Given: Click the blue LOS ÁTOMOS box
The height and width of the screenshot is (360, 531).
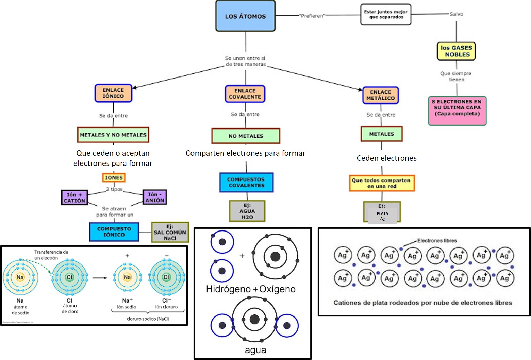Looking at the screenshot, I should [245, 16].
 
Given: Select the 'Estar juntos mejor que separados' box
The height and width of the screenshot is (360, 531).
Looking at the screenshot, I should [386, 14].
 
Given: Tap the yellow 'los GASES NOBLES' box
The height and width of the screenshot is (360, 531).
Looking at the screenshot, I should [456, 51].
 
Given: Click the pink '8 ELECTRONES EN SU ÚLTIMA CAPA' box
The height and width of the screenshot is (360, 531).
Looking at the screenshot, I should [457, 110].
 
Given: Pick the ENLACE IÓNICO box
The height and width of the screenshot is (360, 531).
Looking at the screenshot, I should [113, 93].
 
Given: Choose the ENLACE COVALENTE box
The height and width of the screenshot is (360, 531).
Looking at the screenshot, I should [245, 94].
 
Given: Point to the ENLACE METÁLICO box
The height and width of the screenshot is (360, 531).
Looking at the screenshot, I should [380, 95].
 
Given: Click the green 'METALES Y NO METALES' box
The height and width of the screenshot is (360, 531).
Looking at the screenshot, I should [113, 135].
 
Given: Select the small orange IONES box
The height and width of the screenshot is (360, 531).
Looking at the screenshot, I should [114, 177].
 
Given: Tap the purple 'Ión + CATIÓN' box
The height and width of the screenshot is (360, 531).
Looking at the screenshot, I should [74, 198].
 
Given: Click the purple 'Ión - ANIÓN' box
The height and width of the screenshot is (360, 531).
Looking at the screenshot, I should [155, 197].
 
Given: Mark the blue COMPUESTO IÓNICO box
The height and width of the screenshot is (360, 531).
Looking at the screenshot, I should [114, 232].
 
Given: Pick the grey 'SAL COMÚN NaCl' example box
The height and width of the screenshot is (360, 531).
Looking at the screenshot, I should [170, 232].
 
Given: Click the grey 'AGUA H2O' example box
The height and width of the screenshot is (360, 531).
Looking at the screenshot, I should [247, 211].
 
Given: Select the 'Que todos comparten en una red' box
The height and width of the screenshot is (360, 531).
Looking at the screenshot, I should [381, 183].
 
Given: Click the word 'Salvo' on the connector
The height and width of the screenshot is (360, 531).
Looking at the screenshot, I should [456, 14].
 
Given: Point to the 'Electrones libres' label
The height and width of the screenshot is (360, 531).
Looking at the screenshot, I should [437, 241].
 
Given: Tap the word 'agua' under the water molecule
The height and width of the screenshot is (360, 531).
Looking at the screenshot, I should [255, 350].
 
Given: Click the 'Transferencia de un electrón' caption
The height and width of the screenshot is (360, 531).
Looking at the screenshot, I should [51, 255].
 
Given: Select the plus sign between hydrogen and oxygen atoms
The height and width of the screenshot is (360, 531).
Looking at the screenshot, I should [242, 256].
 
